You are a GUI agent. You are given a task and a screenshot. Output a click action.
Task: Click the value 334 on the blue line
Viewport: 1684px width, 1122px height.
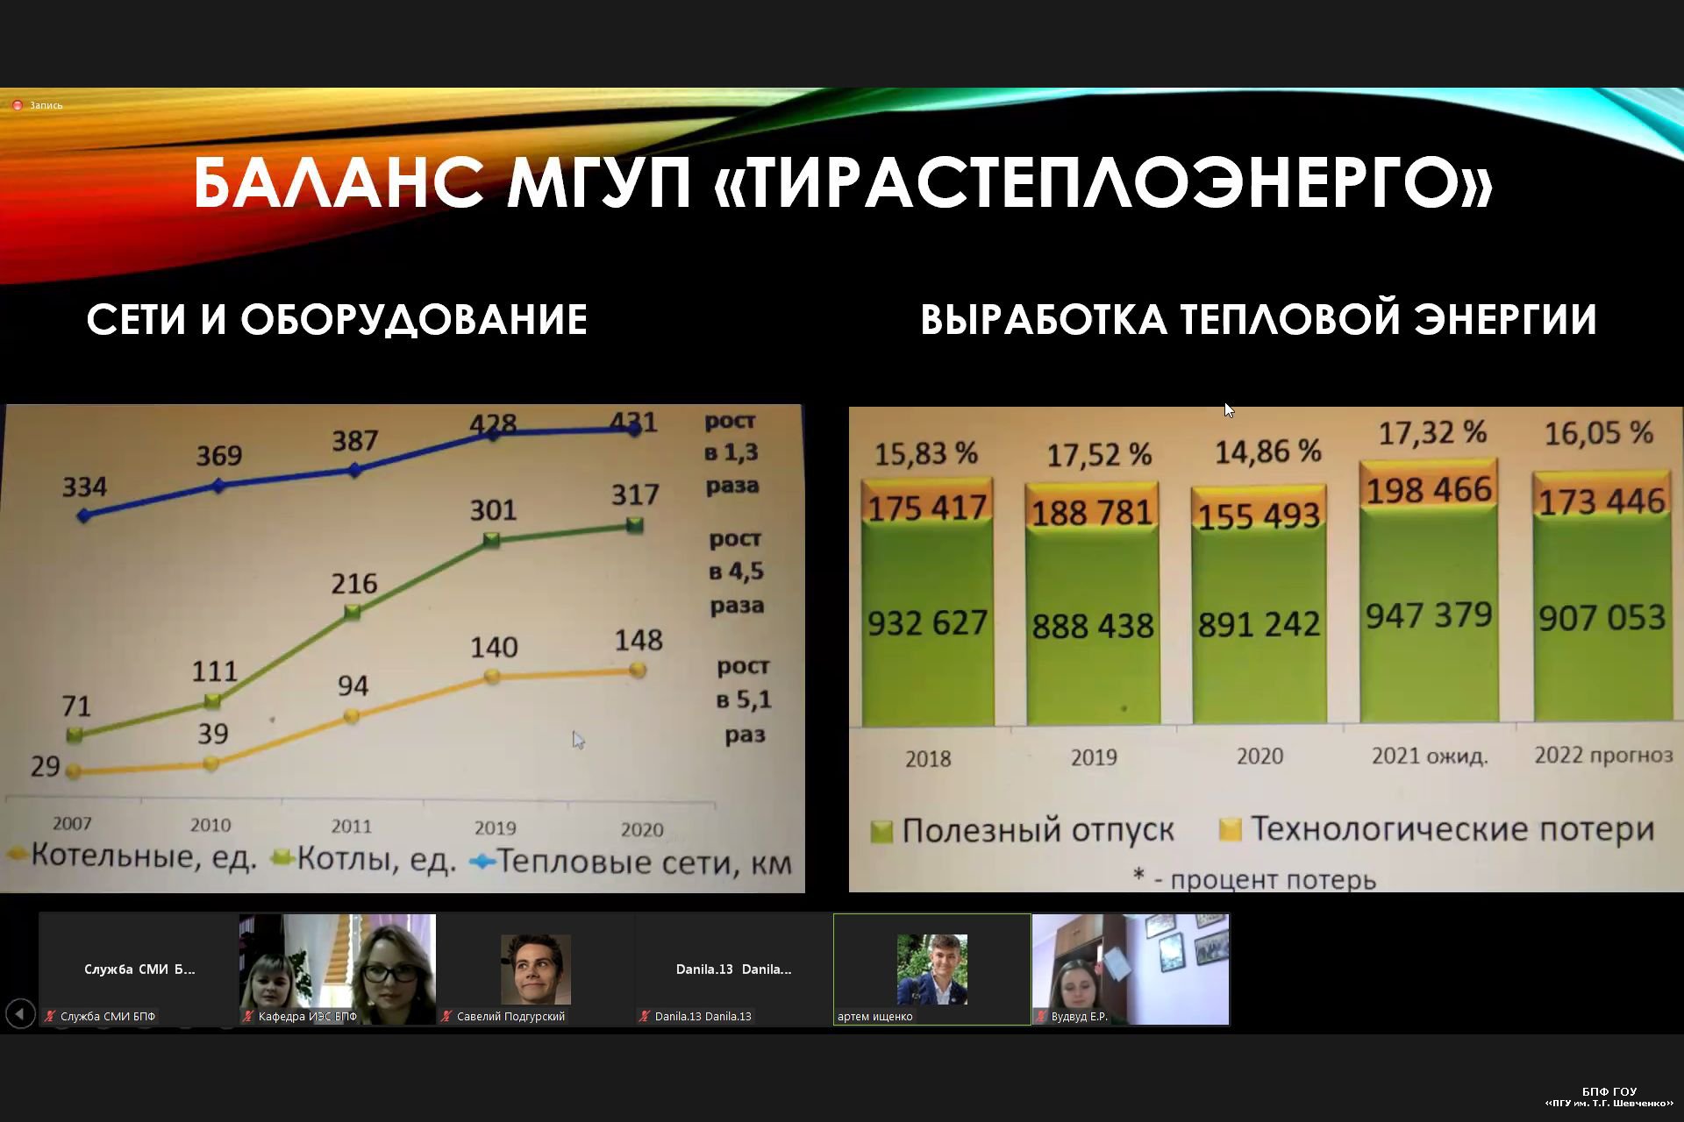[x=84, y=486]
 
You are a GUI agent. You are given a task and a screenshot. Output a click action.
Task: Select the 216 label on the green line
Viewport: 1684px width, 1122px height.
[x=354, y=584]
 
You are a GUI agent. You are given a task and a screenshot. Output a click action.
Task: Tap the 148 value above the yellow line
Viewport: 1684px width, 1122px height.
[x=639, y=640]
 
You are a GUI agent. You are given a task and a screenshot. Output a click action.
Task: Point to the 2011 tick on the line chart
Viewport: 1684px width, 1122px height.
[x=351, y=826]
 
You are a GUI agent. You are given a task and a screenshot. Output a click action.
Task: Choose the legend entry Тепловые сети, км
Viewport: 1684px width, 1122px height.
[x=631, y=863]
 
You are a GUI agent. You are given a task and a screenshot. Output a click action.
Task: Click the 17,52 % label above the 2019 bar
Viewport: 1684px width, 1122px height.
[x=1099, y=455]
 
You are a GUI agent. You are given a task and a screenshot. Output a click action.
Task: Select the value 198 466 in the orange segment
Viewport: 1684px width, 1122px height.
[x=1429, y=490]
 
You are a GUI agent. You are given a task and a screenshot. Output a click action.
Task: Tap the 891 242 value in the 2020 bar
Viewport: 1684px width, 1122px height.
[x=1259, y=625]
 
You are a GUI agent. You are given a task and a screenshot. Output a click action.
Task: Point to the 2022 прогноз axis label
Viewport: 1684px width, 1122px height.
[x=1603, y=756]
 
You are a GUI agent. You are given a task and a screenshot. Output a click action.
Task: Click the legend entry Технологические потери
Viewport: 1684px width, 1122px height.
[x=1438, y=829]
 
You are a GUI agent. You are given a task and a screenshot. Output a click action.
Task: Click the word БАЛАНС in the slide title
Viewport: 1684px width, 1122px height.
[x=339, y=183]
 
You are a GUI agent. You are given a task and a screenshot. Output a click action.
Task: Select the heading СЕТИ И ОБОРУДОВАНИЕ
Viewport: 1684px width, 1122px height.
[x=337, y=320]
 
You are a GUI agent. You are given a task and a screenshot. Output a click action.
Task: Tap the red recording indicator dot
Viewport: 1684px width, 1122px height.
[x=17, y=105]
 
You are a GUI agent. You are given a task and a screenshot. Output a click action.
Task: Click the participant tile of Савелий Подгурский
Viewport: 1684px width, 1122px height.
[x=535, y=969]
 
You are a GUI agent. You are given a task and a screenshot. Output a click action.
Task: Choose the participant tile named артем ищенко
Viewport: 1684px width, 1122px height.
[x=932, y=969]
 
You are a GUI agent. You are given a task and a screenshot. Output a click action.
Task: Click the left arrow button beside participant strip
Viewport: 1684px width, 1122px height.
[x=20, y=1014]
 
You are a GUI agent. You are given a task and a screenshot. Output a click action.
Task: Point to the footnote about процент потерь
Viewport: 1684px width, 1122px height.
[x=1255, y=878]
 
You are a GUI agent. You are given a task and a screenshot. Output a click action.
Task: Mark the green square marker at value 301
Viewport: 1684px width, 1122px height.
[x=492, y=541]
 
